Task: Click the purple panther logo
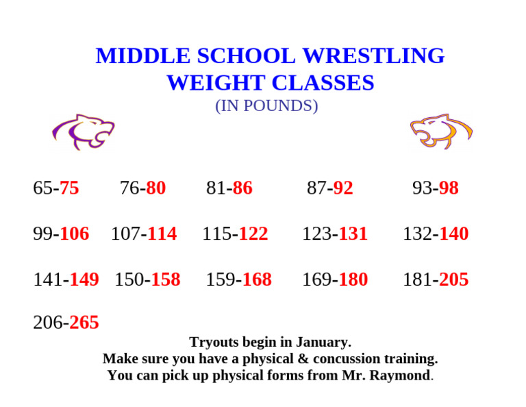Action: coord(83,131)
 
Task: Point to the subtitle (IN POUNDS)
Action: coord(266,106)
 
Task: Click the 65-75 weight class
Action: coord(56,188)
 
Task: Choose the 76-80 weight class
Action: coord(142,188)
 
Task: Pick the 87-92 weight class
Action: coord(330,188)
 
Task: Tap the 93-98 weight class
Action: coord(436,188)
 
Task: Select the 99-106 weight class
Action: coord(61,234)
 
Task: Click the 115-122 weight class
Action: coord(235,234)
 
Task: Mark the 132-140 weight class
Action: coord(436,234)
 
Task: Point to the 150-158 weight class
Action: coord(147,280)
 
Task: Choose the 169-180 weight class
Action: coord(335,280)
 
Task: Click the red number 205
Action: coord(454,280)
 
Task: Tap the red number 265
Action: coord(84,322)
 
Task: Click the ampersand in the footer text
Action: coord(302,358)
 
